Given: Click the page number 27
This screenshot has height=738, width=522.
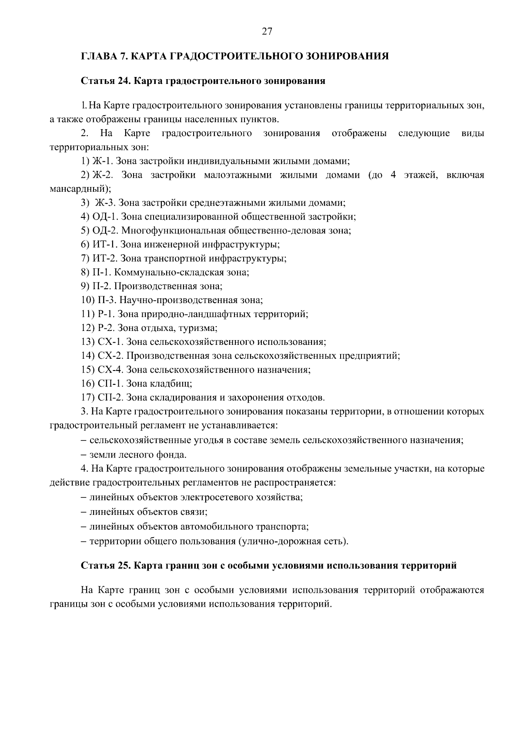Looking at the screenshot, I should coord(267,31).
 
